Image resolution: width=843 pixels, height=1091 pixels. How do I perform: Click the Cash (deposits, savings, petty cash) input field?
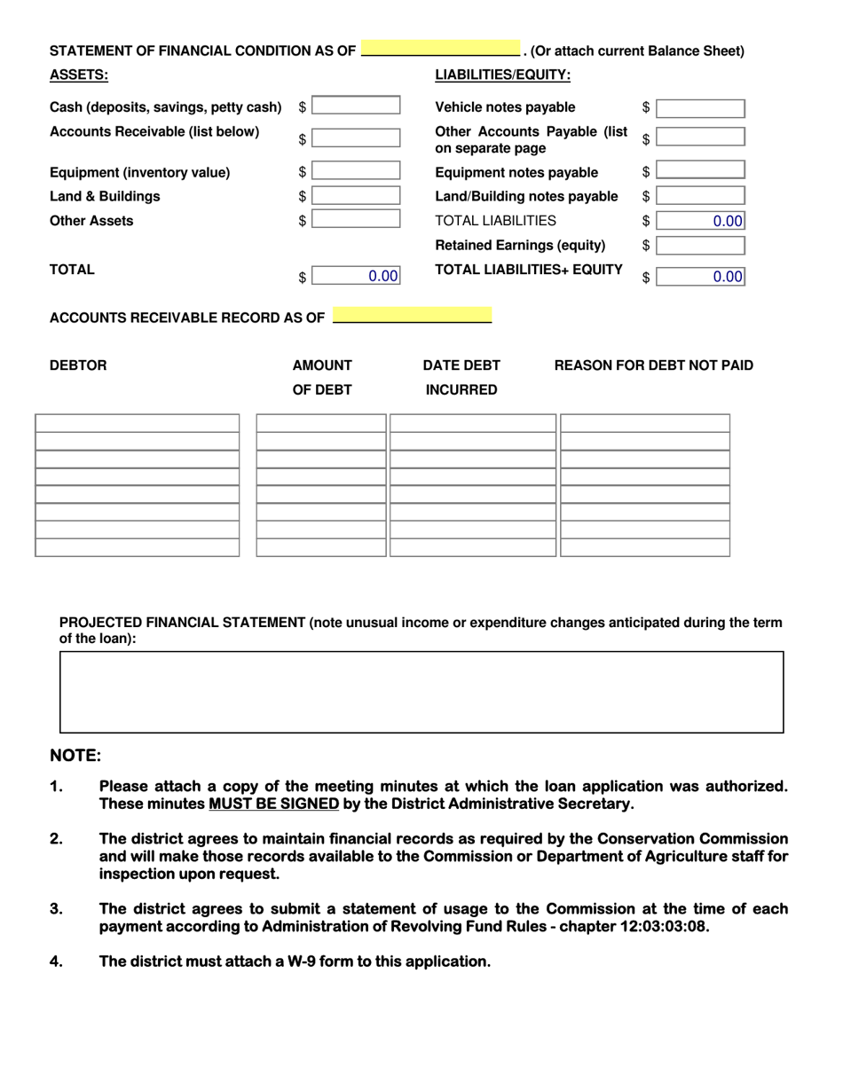click(356, 106)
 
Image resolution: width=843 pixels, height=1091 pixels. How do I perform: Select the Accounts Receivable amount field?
click(356, 138)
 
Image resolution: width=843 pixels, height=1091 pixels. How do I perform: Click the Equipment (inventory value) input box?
click(356, 171)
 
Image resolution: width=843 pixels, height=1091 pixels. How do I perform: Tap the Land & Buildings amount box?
click(356, 196)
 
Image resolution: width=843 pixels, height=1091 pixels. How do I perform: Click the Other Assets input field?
click(356, 220)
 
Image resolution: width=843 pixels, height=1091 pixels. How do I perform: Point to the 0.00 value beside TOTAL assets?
click(382, 276)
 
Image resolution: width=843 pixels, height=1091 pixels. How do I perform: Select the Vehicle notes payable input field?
click(700, 108)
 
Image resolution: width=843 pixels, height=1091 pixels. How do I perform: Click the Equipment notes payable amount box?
click(700, 171)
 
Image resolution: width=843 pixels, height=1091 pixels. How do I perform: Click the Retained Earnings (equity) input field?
click(700, 246)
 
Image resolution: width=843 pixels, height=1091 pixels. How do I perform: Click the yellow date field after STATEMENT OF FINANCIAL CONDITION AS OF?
click(440, 50)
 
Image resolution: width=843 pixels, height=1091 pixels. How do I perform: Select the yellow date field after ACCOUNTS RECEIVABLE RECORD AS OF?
click(412, 317)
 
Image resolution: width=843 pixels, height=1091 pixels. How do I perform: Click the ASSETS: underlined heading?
click(79, 75)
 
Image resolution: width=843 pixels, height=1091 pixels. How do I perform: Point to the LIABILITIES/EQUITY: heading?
click(502, 75)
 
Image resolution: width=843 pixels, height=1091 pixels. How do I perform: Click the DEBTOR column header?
click(78, 365)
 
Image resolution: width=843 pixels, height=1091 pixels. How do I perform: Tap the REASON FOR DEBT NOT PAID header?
click(653, 365)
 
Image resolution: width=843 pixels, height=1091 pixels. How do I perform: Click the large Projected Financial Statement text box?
click(421, 692)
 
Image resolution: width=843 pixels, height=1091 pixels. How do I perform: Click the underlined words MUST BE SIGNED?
click(273, 804)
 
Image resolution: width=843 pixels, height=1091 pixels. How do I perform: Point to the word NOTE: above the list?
click(75, 756)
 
